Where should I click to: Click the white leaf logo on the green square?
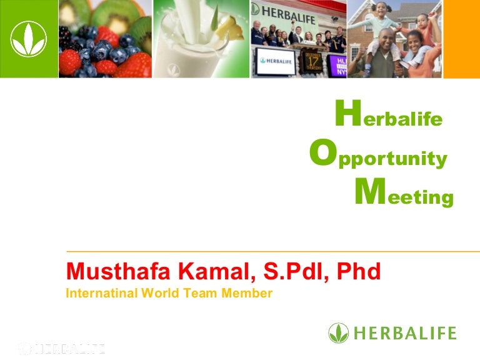point(29,39)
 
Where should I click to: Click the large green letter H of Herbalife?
point(348,112)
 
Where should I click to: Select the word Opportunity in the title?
point(378,153)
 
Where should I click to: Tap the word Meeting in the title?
point(404,192)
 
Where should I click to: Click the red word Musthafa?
point(118,271)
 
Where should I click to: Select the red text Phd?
point(359,271)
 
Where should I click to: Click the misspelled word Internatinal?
point(102,293)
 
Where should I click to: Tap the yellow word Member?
point(247,293)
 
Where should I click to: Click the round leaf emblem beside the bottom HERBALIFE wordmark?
point(339,333)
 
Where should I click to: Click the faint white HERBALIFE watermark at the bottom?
point(61,349)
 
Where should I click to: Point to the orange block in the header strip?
point(462,39)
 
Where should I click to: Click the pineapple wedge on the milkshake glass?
point(229,29)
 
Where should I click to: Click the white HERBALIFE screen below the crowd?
point(276,61)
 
